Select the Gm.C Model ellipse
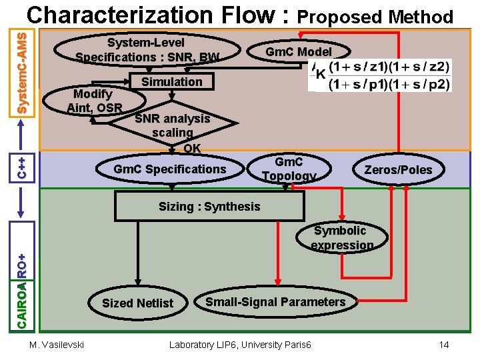pyautogui.click(x=298, y=52)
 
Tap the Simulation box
pyautogui.click(x=171, y=82)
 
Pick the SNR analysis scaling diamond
pyautogui.click(x=172, y=125)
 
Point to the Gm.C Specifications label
pyautogui.click(x=169, y=169)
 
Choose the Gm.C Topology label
pyautogui.click(x=289, y=169)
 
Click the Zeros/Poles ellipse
pyautogui.click(x=398, y=170)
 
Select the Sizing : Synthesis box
pyautogui.click(x=209, y=207)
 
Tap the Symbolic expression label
pyautogui.click(x=340, y=238)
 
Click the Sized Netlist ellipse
pyautogui.click(x=137, y=303)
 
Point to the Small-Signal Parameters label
pyautogui.click(x=275, y=302)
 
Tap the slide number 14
pyautogui.click(x=445, y=345)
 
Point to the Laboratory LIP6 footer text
pyautogui.click(x=240, y=345)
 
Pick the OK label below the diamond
pyautogui.click(x=191, y=148)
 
